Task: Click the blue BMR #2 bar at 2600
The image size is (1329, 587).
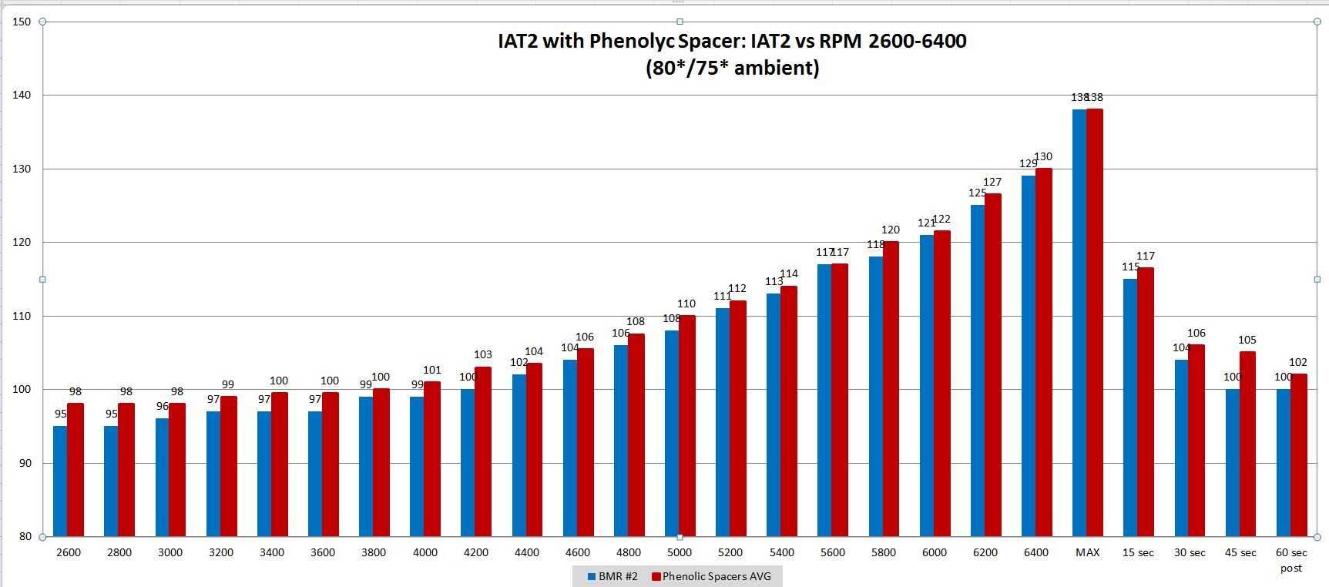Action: click(x=60, y=481)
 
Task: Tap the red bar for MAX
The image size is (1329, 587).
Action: click(x=1095, y=323)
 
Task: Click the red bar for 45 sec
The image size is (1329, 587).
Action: click(x=1247, y=444)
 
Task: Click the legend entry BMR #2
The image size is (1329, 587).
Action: click(x=612, y=576)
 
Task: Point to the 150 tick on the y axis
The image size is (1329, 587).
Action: click(x=22, y=22)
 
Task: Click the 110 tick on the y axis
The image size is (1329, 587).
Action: click(x=22, y=316)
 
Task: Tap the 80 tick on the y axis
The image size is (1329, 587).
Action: click(x=23, y=537)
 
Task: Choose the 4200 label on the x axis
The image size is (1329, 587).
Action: click(x=475, y=552)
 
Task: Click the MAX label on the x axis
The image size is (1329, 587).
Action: click(x=1087, y=552)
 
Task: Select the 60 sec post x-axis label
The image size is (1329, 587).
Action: click(x=1291, y=559)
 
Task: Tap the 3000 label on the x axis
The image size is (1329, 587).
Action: click(x=169, y=552)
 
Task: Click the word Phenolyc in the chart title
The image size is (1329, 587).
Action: click(x=631, y=41)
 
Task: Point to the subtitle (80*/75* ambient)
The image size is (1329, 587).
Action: click(x=732, y=68)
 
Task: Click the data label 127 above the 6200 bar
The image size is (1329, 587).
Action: click(x=992, y=183)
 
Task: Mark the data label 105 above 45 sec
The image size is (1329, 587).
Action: click(x=1247, y=340)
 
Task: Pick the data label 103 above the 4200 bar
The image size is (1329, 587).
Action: click(x=483, y=355)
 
